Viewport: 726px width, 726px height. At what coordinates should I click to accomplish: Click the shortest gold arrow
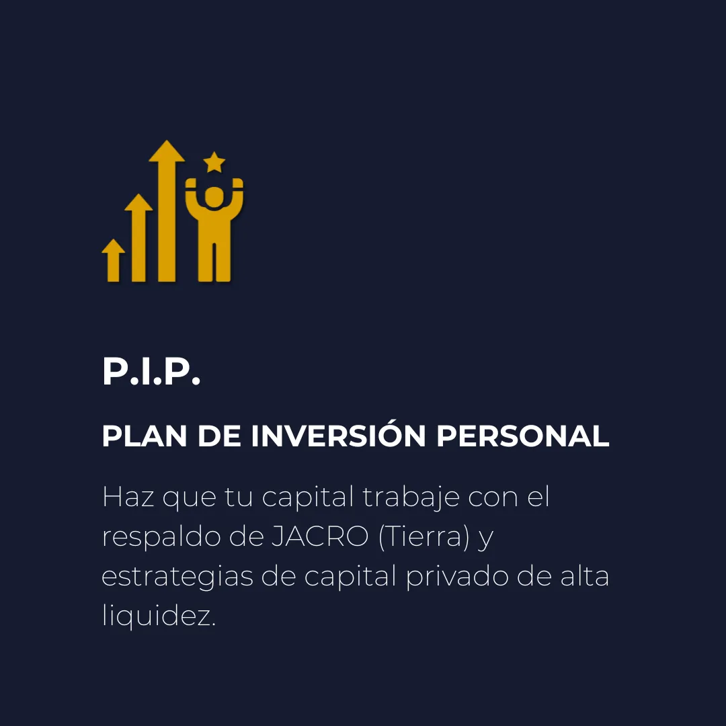114,260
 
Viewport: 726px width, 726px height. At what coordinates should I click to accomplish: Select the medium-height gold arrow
138,237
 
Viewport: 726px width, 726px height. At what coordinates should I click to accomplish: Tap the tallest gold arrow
167,210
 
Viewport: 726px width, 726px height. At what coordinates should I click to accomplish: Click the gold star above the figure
214,162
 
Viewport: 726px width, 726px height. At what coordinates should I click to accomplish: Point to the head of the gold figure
214,197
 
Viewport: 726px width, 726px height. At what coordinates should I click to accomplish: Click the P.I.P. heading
151,371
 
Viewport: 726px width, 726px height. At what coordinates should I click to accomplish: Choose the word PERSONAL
523,436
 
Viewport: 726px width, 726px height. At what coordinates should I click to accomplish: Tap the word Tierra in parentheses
424,537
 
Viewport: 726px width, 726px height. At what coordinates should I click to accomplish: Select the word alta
585,577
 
